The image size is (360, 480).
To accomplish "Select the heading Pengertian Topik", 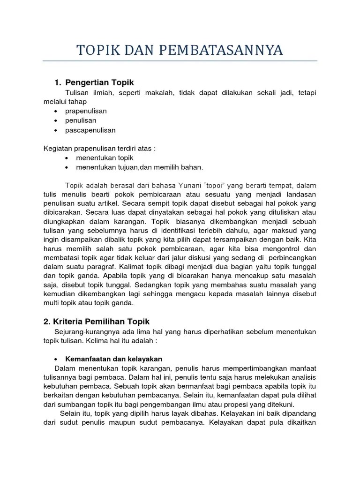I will [99, 82].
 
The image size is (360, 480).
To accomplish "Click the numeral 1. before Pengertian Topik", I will [58, 82].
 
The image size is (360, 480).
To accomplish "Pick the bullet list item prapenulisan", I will [86, 111].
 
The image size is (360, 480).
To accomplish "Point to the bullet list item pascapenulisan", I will [90, 130].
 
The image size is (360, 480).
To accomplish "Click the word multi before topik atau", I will [51, 303].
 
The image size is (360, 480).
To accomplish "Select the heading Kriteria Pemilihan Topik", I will [96, 321].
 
